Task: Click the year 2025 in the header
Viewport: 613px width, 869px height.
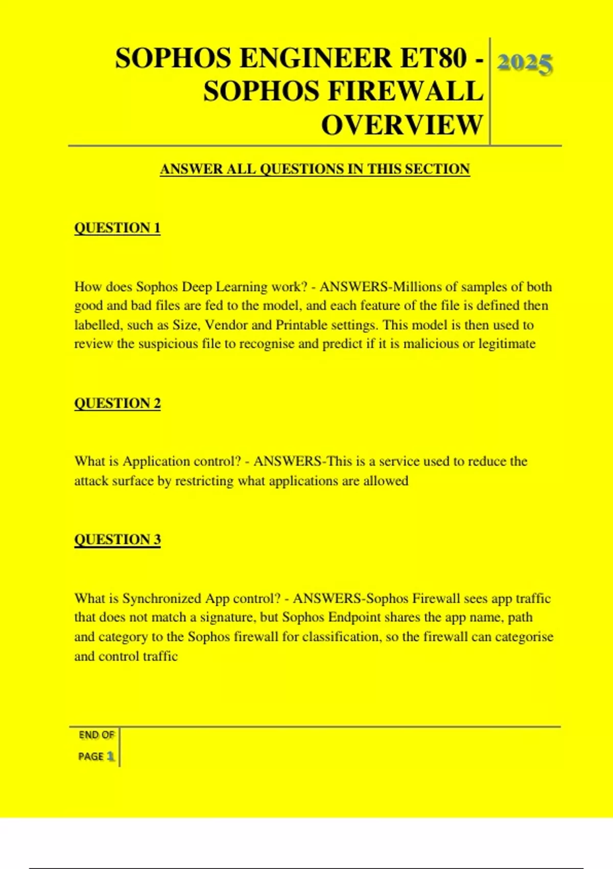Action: tap(525, 64)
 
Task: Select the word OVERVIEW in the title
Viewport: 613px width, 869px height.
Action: tap(402, 125)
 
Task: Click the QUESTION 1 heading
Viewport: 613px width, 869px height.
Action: tap(117, 228)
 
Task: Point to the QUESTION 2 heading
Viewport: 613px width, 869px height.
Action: tap(117, 403)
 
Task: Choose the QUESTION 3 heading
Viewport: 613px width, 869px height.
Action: tap(117, 540)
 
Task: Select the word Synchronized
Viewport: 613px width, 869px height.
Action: tap(162, 599)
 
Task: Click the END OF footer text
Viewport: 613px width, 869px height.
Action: tap(96, 735)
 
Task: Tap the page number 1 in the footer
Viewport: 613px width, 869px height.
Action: tap(110, 757)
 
